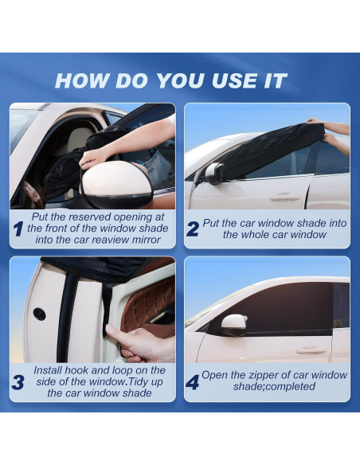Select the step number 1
click(18, 230)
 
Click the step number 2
click(193, 229)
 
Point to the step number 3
click(18, 382)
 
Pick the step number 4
click(193, 383)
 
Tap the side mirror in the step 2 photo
click(214, 173)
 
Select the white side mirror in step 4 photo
click(233, 323)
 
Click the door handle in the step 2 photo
click(284, 197)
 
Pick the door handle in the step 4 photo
click(311, 350)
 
